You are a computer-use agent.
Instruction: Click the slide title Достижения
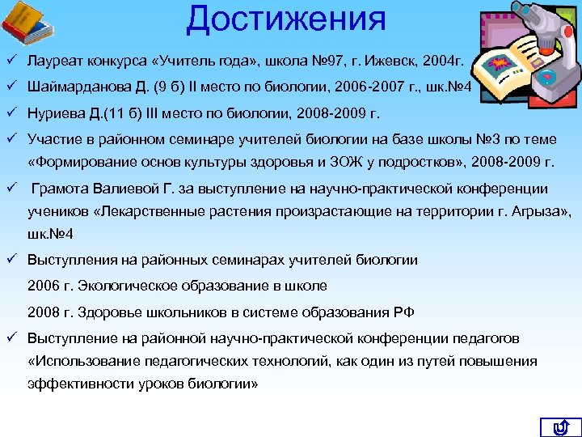pos(286,19)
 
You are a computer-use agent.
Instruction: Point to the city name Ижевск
pos(386,61)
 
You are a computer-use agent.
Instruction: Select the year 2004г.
pos(441,61)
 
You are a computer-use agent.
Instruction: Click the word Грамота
pos(64,189)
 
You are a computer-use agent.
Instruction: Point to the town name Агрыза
pos(541,212)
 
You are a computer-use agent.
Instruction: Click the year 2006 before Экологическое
pos(43,285)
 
